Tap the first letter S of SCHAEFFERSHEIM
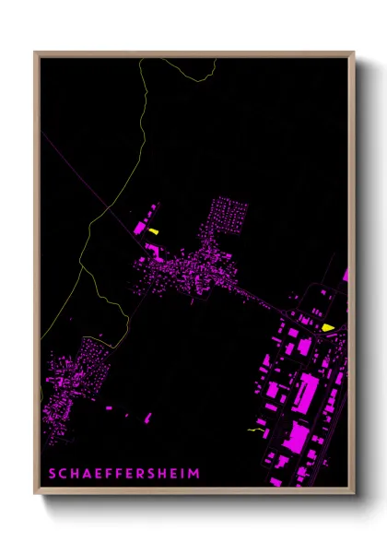pyautogui.click(x=52, y=473)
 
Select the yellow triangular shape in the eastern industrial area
pyautogui.click(x=327, y=326)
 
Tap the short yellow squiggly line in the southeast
pyautogui.click(x=256, y=430)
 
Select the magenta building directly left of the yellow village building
pyautogui.click(x=140, y=226)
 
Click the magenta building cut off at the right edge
pyautogui.click(x=346, y=275)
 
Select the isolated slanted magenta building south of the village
pyautogui.click(x=193, y=299)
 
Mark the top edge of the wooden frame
pyautogui.click(x=193, y=53)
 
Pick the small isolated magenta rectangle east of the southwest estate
pyautogui.click(x=110, y=406)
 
